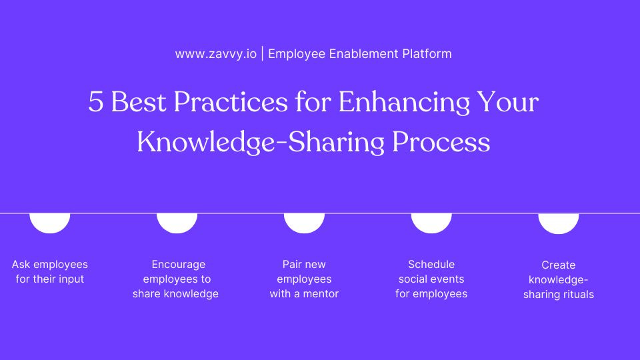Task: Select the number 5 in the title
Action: (x=96, y=103)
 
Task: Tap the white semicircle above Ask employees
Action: (x=50, y=223)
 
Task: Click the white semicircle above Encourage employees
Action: (x=177, y=223)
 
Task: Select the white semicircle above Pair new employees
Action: (x=304, y=223)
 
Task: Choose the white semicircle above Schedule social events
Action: (x=431, y=223)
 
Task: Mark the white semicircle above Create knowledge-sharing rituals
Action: (x=559, y=223)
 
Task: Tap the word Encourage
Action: (x=178, y=265)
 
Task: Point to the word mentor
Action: (x=321, y=294)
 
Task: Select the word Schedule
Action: (x=431, y=265)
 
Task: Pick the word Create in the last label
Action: (x=559, y=265)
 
